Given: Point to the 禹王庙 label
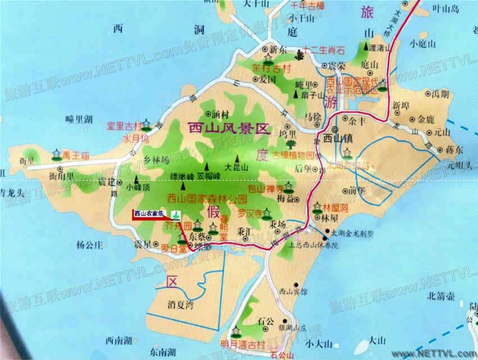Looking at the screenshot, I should pos(76,155).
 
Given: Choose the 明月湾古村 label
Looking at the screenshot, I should pos(243,343).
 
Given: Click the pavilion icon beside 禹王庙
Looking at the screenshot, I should pos(57,154).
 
